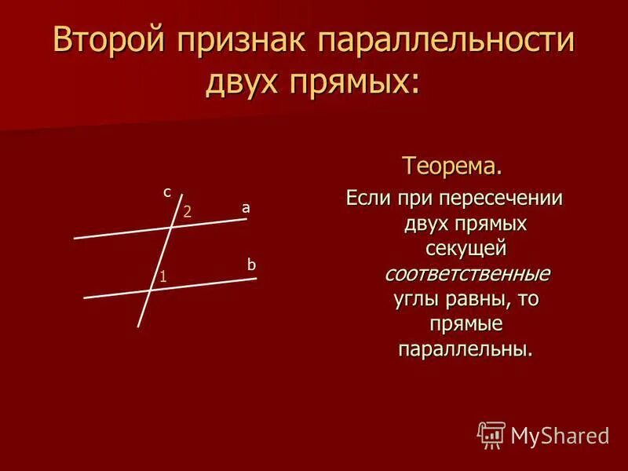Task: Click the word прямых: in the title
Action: (x=356, y=81)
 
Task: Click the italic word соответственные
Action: (x=467, y=274)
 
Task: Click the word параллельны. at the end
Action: (x=466, y=349)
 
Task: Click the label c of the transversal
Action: (x=167, y=191)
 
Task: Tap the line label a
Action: (x=246, y=208)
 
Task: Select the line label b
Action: (x=251, y=266)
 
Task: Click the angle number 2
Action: (x=188, y=212)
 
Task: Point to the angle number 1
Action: (x=162, y=276)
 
